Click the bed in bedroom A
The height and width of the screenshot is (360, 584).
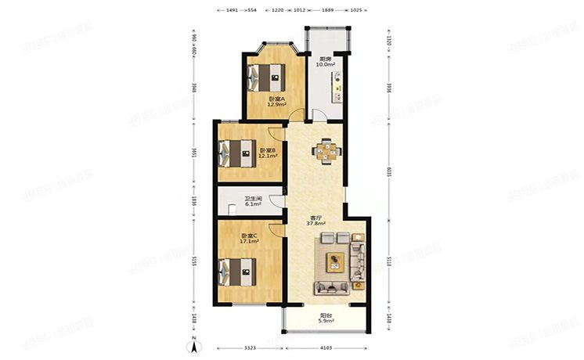(x=265, y=77)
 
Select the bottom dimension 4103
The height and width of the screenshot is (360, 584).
(x=326, y=347)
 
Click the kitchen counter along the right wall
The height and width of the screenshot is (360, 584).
(x=339, y=87)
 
